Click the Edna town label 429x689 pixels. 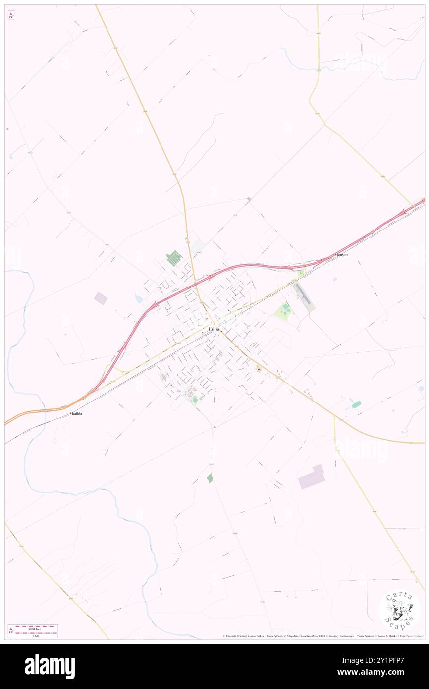point(214,329)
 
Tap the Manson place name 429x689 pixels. point(341,254)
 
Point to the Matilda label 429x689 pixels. point(75,413)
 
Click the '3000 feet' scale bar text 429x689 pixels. point(34,628)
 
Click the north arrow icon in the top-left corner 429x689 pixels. point(11,15)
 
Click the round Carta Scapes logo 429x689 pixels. point(399,610)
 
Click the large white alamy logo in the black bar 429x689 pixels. point(50,667)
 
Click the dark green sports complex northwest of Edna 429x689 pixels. point(174,258)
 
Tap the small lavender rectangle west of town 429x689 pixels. point(101,298)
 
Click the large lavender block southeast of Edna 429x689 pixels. point(312,477)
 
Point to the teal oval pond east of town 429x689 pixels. point(356,404)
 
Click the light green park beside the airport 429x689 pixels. point(284,311)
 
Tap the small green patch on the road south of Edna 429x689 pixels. point(210,478)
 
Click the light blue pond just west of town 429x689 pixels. point(139,298)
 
